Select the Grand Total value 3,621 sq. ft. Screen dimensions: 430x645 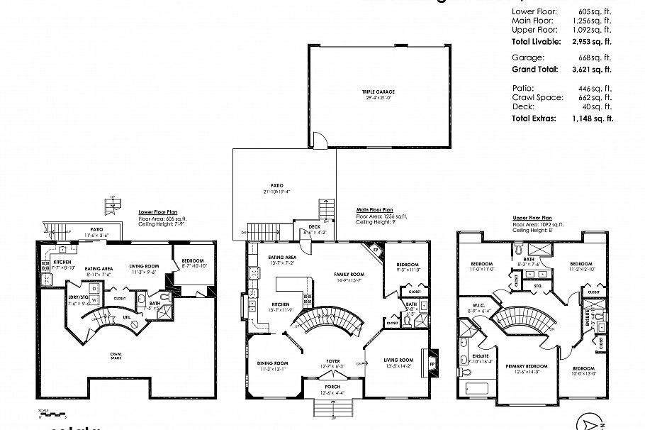[595, 70]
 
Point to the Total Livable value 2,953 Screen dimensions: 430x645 [595, 42]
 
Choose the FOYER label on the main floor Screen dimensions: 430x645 [333, 361]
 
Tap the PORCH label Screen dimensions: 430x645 [332, 387]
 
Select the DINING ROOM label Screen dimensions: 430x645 [273, 364]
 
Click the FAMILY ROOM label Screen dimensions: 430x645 [349, 274]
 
